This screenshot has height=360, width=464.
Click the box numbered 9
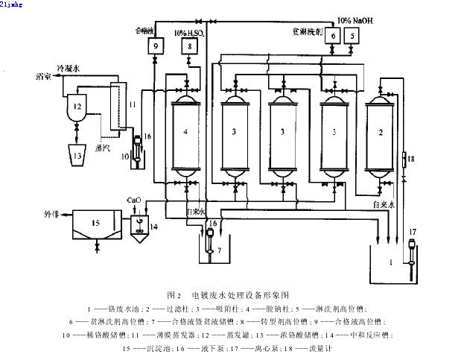point(156,46)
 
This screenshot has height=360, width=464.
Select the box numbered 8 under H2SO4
point(191,46)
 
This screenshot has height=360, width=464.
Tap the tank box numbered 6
point(332,35)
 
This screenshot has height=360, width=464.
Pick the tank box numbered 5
point(351,35)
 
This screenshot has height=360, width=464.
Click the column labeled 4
point(184,132)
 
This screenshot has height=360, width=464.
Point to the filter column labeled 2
point(381,132)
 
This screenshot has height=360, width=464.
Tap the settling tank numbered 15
point(94,224)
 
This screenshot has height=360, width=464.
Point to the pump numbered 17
point(410,250)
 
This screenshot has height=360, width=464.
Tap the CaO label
point(134,200)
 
